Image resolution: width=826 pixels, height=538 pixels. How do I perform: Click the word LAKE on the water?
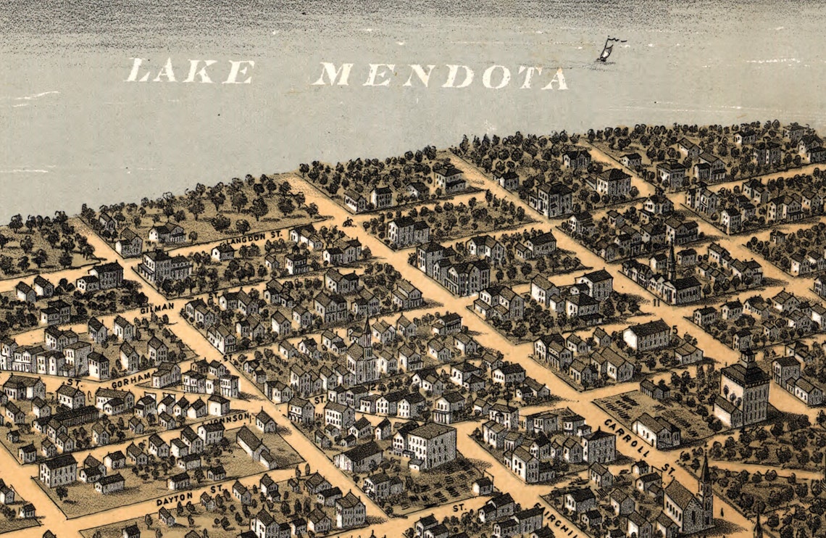pos(190,72)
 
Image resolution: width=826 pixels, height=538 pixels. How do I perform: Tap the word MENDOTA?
pos(440,75)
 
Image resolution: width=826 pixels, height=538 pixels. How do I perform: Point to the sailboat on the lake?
pos(605,51)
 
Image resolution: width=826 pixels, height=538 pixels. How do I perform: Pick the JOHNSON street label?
pos(227,418)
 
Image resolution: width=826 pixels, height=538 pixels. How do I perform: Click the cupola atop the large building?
pos(746,357)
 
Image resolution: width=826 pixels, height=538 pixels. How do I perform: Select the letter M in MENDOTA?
pos(333,74)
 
